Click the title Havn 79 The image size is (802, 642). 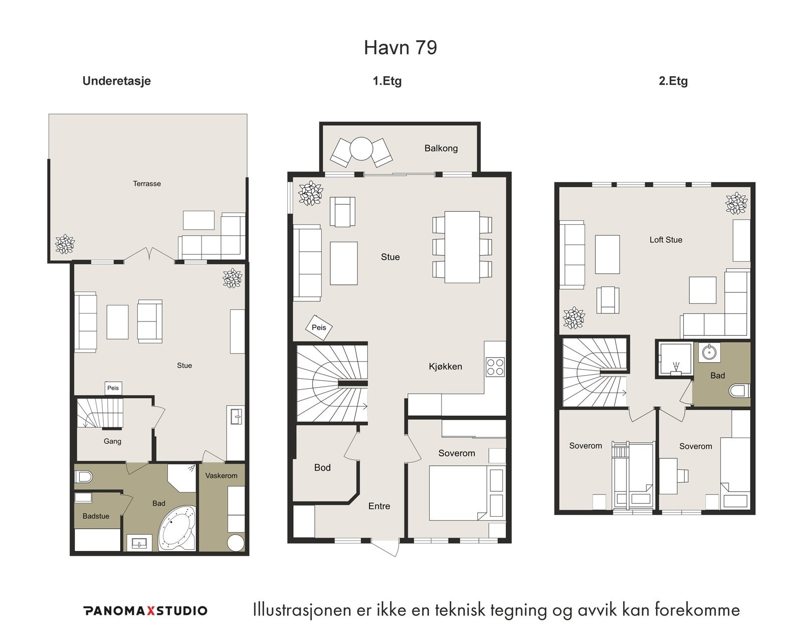click(400, 47)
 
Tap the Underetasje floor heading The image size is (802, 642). click(117, 81)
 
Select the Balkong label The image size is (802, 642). click(441, 148)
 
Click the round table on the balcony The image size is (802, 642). click(361, 149)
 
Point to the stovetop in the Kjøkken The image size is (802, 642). click(495, 366)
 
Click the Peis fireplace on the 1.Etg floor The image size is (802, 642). click(319, 328)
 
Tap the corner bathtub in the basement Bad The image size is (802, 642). click(177, 528)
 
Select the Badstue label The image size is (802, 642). click(96, 516)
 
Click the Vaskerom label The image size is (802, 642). click(221, 475)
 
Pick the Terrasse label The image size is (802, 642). click(147, 184)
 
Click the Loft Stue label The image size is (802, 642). click(666, 240)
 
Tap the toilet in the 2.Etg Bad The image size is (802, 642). click(739, 391)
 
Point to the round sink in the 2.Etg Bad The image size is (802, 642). click(707, 352)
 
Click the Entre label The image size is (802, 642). click(379, 506)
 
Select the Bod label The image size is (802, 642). click(322, 468)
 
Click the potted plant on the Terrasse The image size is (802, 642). click(65, 244)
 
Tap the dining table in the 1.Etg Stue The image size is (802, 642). click(462, 247)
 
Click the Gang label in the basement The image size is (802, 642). click(112, 441)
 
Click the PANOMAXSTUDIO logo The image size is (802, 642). click(146, 611)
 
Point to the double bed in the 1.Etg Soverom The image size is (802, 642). click(458, 493)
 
